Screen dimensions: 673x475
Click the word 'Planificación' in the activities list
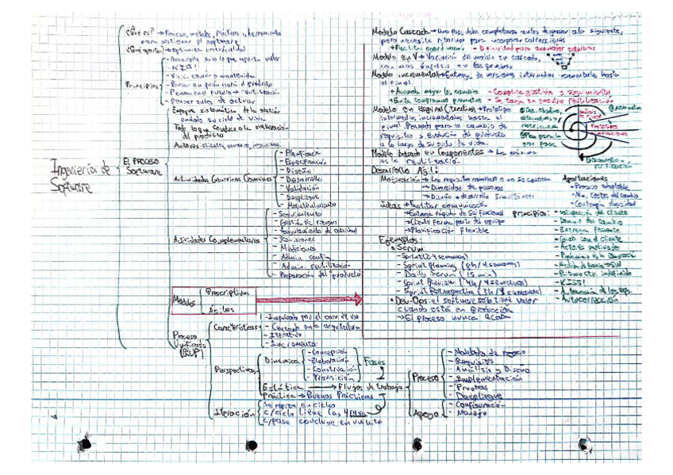[301, 153]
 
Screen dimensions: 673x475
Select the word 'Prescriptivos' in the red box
[228, 291]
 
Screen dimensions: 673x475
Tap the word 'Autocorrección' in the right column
[590, 301]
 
